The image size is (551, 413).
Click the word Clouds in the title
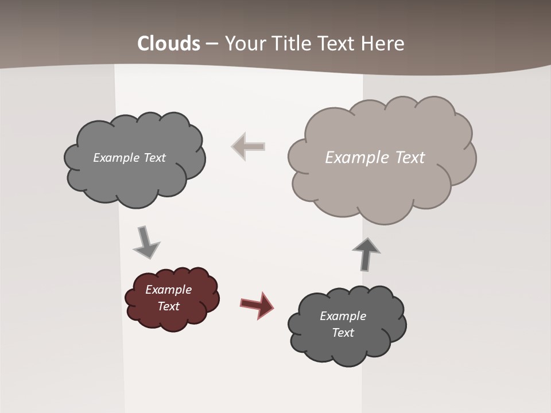(169, 44)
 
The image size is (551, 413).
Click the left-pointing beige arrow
(248, 146)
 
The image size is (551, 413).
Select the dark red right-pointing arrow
(257, 305)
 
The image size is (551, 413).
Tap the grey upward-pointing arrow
(366, 254)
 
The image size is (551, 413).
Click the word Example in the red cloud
(168, 290)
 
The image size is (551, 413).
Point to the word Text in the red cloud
(168, 306)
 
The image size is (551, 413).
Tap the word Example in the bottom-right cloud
(343, 316)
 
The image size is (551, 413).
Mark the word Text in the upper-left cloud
(154, 158)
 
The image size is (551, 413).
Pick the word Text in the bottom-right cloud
(343, 333)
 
